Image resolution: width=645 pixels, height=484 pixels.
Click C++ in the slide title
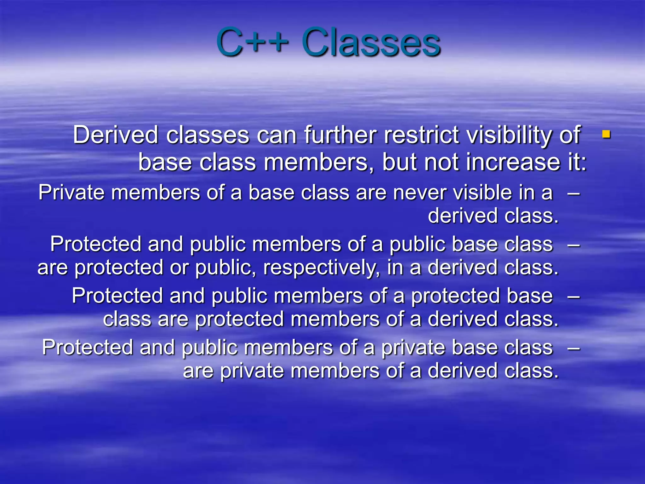pos(252,43)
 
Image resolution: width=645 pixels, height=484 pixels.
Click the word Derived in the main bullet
pos(115,135)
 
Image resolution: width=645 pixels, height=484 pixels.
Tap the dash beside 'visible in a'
pos(574,193)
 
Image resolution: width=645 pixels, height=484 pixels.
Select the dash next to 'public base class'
pos(574,244)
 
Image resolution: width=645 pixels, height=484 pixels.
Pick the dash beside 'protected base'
pos(574,296)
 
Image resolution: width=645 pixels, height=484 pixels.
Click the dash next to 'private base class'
pos(574,348)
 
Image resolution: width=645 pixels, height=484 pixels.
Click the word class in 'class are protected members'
pos(127,319)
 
